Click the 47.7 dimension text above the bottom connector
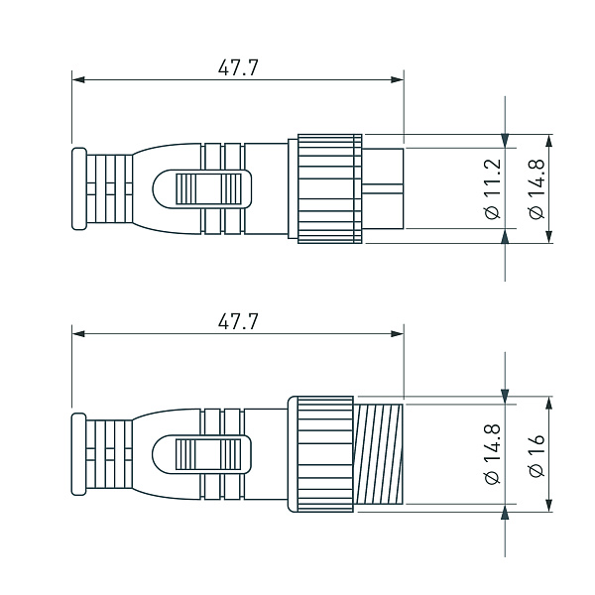238,321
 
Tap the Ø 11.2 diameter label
491,188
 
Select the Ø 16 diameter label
536,457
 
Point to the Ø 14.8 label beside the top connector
535,188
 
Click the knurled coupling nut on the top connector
324,188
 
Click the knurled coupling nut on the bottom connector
320,454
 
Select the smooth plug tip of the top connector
385,188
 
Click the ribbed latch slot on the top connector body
207,188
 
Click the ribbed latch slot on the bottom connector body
207,454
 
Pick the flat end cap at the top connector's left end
79,188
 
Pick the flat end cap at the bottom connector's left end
79,454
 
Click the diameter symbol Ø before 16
536,473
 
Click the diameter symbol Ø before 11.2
491,212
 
